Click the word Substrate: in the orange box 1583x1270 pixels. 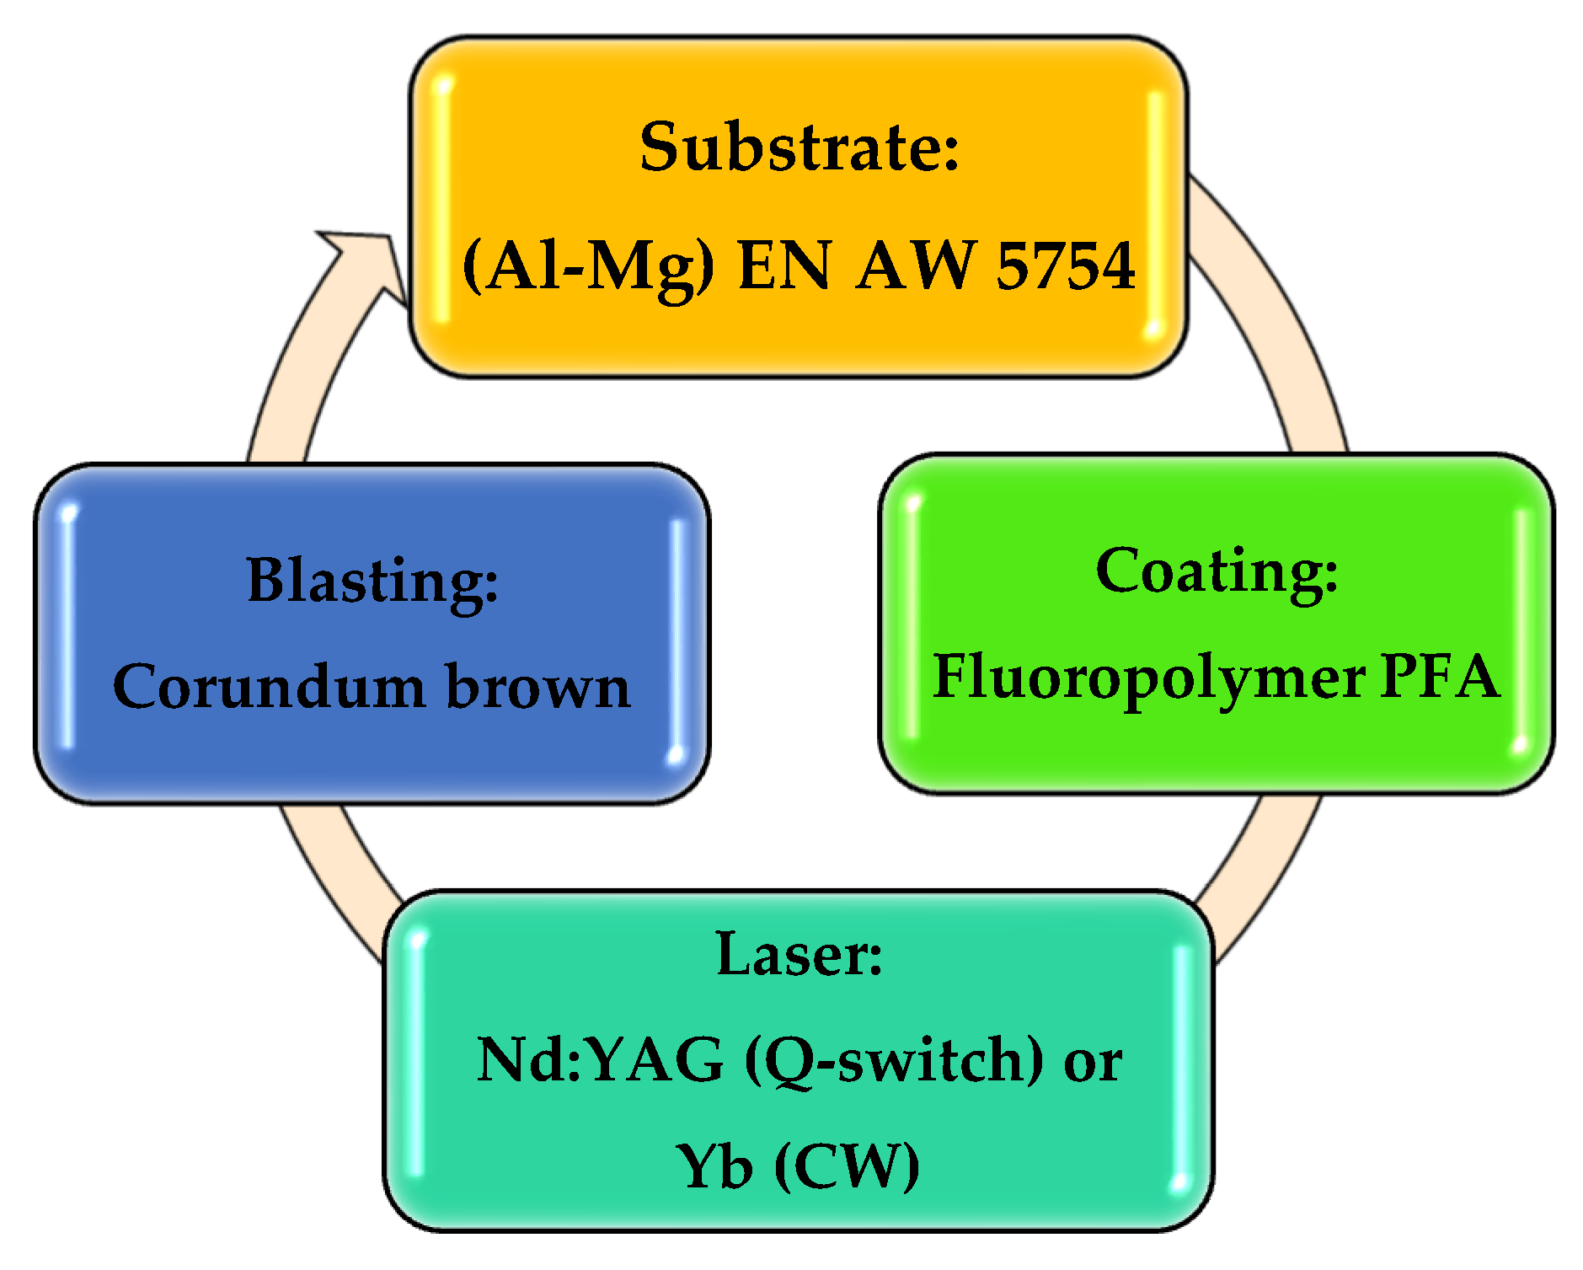pos(799,147)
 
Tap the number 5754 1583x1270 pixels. pos(1066,266)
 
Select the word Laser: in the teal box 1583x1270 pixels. pos(799,956)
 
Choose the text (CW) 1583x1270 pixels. pos(847,1168)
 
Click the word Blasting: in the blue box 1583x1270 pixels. pos(372,581)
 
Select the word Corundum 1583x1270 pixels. pos(269,687)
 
